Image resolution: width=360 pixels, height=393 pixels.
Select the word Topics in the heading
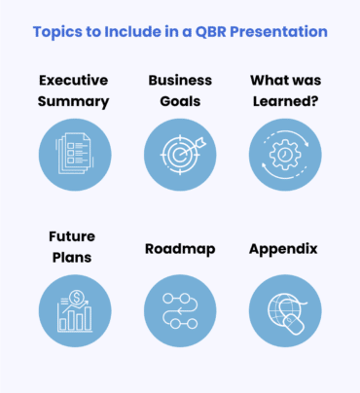click(x=60, y=32)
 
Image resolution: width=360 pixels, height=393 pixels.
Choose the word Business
click(x=179, y=79)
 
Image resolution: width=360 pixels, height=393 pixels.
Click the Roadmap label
click(x=179, y=249)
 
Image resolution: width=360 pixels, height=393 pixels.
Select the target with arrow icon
click(x=180, y=155)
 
